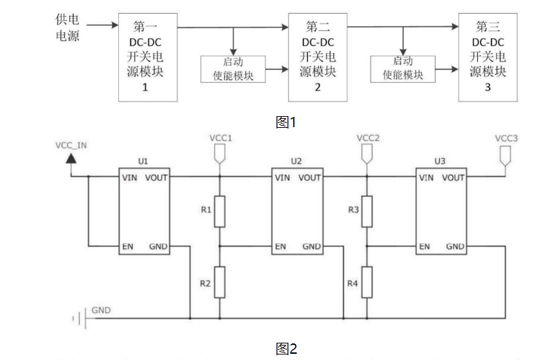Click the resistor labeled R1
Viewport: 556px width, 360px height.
click(220, 211)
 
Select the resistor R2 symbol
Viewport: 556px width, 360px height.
click(220, 283)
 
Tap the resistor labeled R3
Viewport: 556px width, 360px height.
click(367, 211)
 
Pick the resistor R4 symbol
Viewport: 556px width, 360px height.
click(367, 283)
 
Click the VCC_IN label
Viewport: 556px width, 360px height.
click(71, 146)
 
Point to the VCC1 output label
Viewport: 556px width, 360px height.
click(220, 138)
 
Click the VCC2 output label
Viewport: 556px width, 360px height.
click(368, 138)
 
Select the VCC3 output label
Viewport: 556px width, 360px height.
click(506, 138)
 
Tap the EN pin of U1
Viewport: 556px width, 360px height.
click(127, 246)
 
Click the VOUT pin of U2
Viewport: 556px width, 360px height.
click(310, 178)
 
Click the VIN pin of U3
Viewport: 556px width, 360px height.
click(425, 178)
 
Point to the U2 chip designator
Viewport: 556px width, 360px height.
click(296, 161)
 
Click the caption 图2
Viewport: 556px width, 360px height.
click(286, 348)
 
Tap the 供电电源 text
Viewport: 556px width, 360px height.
click(67, 27)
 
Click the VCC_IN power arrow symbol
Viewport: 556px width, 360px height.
click(71, 159)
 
